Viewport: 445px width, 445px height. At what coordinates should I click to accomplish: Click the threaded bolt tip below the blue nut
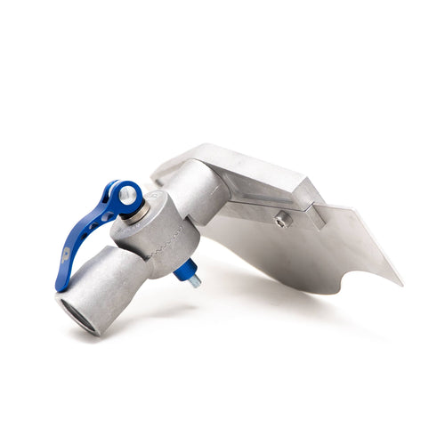[194, 283]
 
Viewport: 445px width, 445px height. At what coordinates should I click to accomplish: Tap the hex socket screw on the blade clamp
[281, 220]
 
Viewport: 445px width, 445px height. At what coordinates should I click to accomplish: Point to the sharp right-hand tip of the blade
[400, 284]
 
